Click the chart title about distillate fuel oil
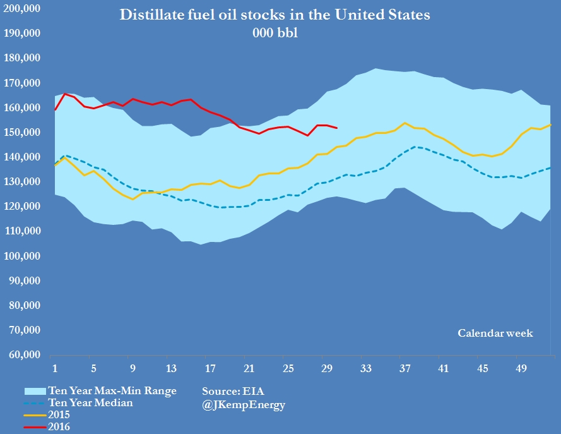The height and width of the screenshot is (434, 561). point(275,15)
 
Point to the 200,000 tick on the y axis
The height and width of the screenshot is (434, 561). point(22,8)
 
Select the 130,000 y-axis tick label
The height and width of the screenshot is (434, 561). point(22,182)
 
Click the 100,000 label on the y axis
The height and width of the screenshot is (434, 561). point(22,256)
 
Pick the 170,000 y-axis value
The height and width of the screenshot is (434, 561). point(22,83)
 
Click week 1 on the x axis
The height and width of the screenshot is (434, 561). point(54,368)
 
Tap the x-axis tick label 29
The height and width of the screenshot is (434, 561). point(326,368)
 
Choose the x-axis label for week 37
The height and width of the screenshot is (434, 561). point(403,368)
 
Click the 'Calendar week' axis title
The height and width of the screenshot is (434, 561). point(495,333)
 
